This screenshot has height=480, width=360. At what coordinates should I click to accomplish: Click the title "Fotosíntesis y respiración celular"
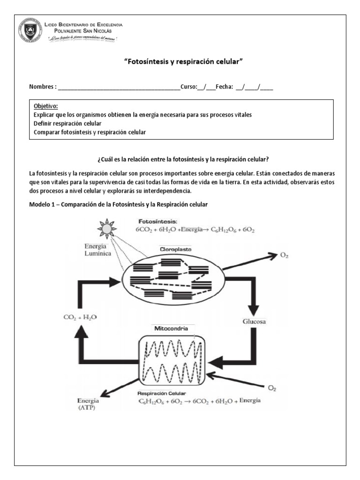[x=184, y=61]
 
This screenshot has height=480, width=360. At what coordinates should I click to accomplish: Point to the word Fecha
[x=224, y=87]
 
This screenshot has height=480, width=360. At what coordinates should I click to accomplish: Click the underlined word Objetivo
[x=46, y=106]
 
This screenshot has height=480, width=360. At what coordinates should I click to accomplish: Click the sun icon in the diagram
[x=107, y=228]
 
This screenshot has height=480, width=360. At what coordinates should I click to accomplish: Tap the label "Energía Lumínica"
[x=97, y=250]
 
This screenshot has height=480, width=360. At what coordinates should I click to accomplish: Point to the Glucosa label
[x=255, y=322]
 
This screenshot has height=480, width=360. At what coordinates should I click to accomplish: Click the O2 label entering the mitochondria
[x=271, y=388]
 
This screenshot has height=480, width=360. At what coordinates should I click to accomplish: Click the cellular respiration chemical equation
[x=199, y=401]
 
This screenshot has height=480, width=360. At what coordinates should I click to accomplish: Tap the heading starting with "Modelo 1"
[x=118, y=205]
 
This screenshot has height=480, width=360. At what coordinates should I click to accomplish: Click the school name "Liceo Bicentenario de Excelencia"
[x=83, y=24]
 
